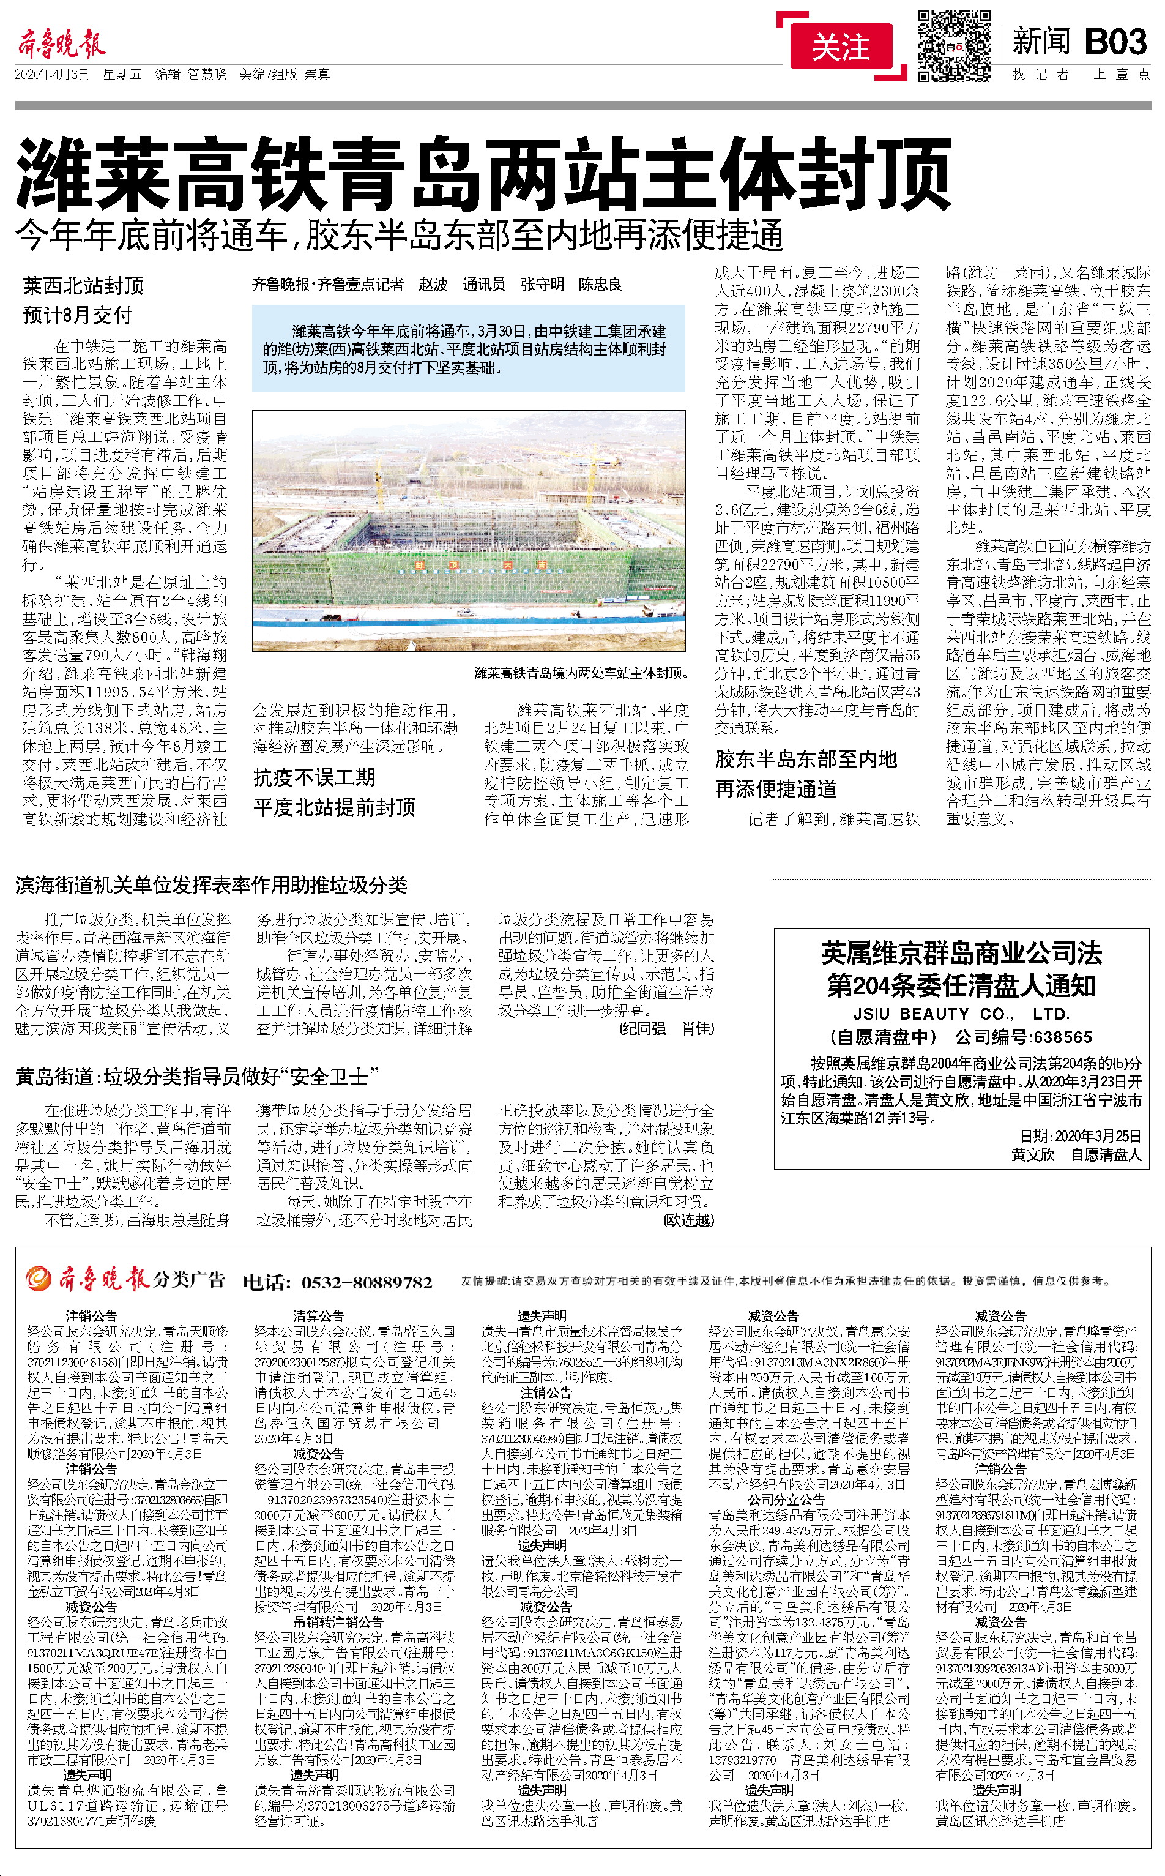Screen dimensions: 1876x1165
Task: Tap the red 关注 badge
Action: [841, 48]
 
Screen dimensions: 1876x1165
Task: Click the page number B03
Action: [1115, 42]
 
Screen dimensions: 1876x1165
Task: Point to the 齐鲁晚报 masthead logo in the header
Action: [62, 44]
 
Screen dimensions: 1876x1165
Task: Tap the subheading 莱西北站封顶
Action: [83, 286]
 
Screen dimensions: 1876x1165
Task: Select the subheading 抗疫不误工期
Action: [315, 777]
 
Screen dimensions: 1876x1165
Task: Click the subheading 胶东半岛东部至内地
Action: [806, 759]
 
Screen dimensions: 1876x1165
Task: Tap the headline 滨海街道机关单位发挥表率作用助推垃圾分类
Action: [211, 885]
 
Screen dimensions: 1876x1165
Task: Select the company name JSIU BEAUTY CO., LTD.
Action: [960, 1014]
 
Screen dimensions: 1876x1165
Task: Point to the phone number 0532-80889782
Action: [366, 1282]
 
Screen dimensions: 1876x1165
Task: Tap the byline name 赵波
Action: [433, 285]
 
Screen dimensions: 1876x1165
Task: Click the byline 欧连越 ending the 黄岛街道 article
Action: [689, 1220]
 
